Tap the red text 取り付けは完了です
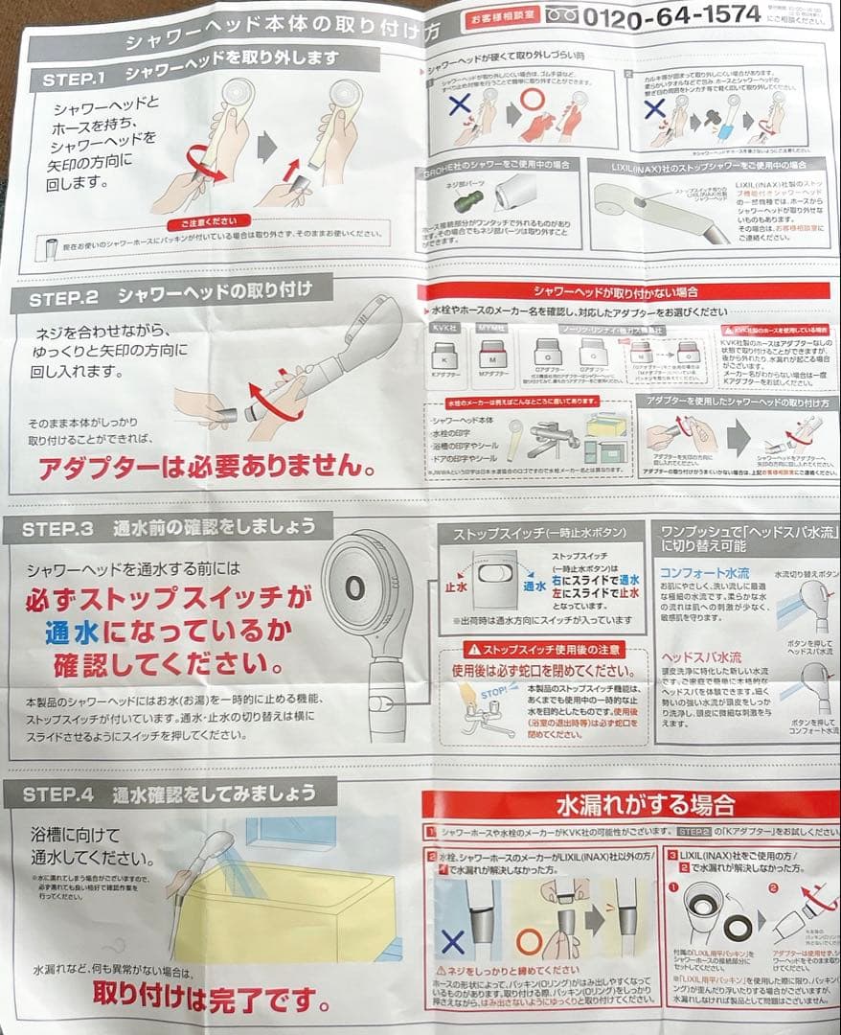tap(211, 993)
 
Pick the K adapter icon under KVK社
tap(442, 356)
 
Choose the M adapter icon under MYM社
tap(491, 356)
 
